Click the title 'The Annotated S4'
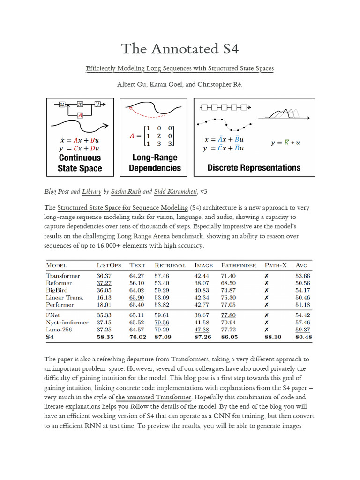pos(180,48)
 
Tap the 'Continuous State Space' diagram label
pos(80,163)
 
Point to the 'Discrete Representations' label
pos(254,167)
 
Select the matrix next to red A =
pos(159,136)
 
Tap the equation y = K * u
pos(286,142)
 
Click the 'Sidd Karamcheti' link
pos(176,192)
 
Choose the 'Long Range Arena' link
pos(143,236)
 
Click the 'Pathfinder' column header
pos(239,265)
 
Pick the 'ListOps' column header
pos(109,265)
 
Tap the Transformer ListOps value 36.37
pos(104,276)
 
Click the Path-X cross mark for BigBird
pos(266,290)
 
